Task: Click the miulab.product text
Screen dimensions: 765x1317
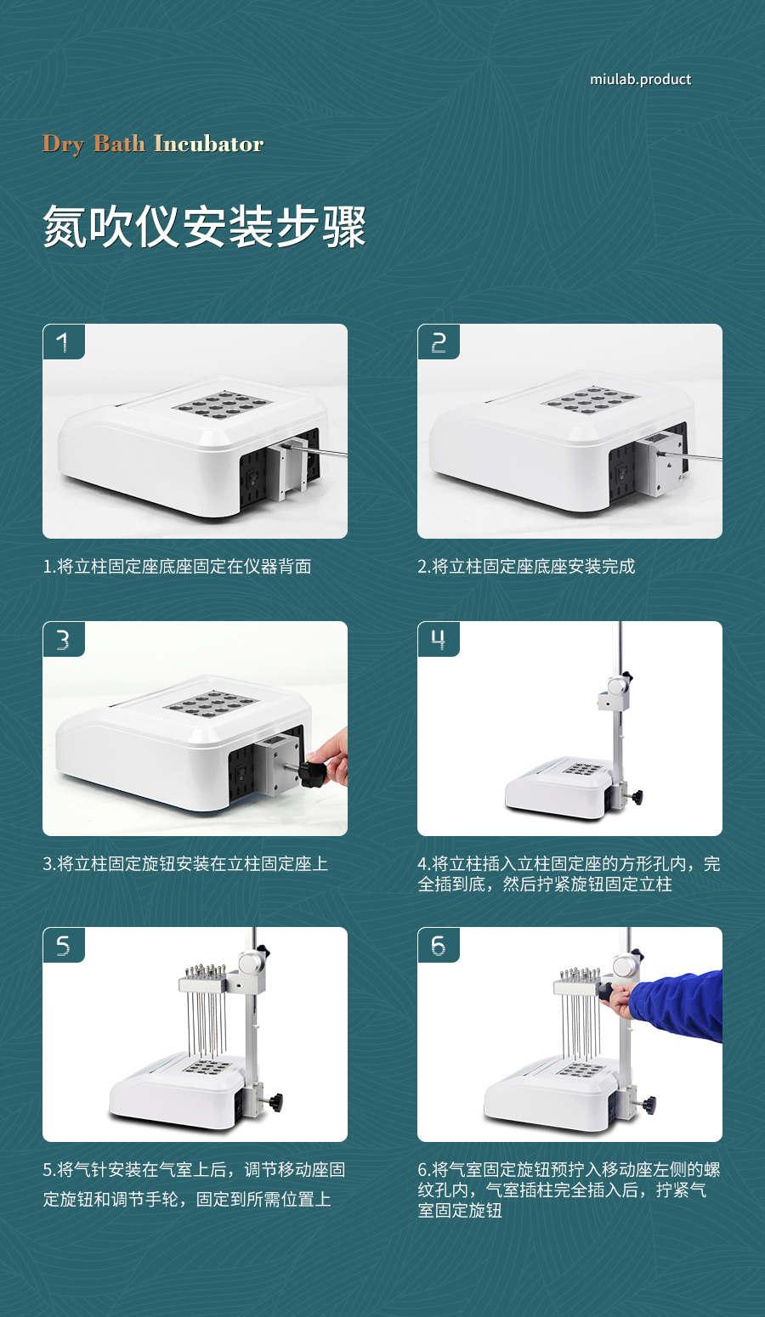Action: point(640,79)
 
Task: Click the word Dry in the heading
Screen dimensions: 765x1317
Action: point(64,144)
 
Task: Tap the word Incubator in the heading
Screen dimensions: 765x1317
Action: point(209,144)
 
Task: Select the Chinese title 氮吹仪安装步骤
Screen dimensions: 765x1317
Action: point(205,226)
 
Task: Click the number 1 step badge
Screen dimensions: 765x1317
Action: point(64,342)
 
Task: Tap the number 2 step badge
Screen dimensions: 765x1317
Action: point(439,342)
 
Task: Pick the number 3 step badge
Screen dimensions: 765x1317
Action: point(64,639)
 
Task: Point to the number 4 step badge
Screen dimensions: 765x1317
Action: point(439,639)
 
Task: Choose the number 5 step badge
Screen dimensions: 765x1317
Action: point(64,945)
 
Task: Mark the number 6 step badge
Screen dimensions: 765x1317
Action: point(439,945)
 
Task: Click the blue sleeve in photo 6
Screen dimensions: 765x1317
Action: point(677,1005)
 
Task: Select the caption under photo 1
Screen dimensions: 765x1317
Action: point(177,566)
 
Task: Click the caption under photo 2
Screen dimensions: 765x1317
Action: point(526,566)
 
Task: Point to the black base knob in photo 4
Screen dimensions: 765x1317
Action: point(637,797)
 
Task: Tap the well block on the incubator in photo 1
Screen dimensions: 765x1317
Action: point(223,405)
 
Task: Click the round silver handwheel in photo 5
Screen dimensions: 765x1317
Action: point(252,963)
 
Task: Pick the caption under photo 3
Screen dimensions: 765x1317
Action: point(185,863)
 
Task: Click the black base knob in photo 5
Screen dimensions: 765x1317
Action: point(275,1099)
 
